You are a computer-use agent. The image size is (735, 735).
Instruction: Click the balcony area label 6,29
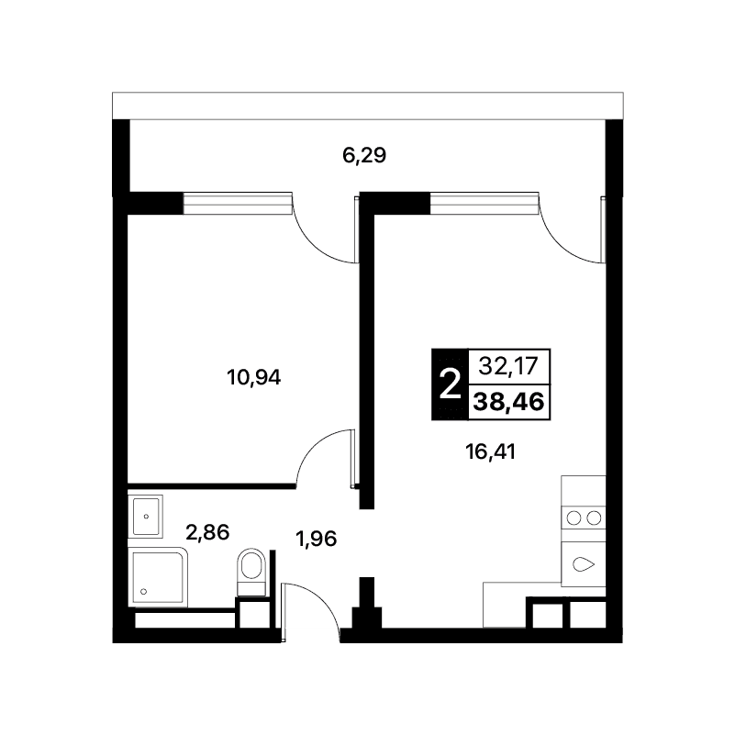(x=364, y=155)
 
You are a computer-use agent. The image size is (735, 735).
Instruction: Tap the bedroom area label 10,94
(x=253, y=377)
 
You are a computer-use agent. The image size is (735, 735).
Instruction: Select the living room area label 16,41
(x=490, y=451)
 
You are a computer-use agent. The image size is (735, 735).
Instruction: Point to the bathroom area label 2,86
(x=207, y=532)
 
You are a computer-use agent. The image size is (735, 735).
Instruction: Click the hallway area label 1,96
(x=316, y=539)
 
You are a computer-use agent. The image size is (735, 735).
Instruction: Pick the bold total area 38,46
(x=508, y=402)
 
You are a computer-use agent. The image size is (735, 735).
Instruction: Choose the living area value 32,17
(x=508, y=365)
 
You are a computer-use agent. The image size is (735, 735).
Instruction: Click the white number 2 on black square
(x=450, y=384)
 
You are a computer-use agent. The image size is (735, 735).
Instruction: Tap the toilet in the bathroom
(x=251, y=572)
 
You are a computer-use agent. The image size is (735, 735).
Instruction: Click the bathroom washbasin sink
(x=145, y=516)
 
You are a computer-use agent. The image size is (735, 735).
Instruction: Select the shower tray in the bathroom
(x=158, y=577)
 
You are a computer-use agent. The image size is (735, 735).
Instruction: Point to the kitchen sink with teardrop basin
(x=584, y=564)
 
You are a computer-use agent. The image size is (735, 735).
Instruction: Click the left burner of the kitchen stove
(x=574, y=518)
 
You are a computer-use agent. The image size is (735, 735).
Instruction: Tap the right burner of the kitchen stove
(x=594, y=518)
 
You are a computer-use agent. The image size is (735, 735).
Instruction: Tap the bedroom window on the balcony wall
(x=238, y=203)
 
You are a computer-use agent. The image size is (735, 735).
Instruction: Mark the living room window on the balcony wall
(x=484, y=203)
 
